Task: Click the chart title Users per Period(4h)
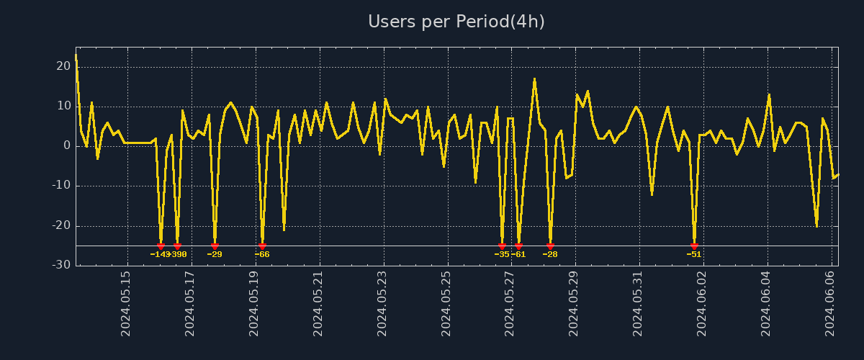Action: (456, 22)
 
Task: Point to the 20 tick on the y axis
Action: (63, 66)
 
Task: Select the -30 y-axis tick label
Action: (61, 265)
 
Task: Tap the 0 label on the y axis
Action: (67, 145)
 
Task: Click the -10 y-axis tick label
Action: (61, 186)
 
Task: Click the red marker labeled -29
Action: (215, 246)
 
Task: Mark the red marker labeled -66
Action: (262, 246)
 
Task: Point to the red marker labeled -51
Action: (694, 246)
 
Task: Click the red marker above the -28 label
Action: (550, 246)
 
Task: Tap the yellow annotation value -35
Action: (501, 254)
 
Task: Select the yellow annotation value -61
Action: (518, 254)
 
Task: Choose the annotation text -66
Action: (262, 254)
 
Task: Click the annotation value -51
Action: (694, 254)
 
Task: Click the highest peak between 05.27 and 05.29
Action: (534, 78)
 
